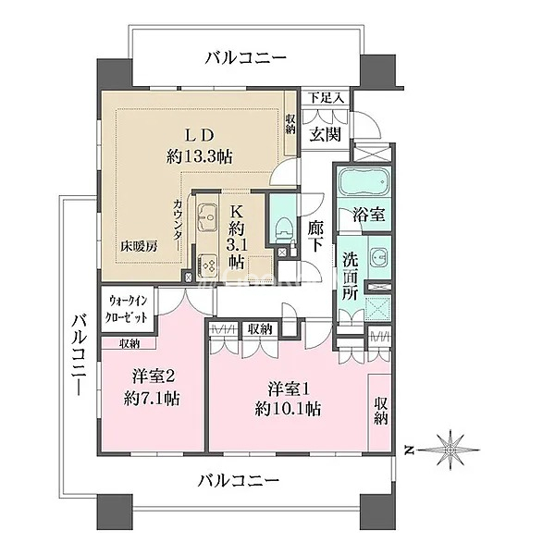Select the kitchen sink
coord(207,216)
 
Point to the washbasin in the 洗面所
coord(378,255)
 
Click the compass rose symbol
coord(450,450)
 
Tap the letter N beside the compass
coord(410,450)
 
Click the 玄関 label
coord(326,134)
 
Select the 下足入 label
coord(326,98)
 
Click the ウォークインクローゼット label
coord(128,309)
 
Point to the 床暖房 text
coord(139,246)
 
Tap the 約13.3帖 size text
coord(200,156)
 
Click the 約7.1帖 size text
coord(152,399)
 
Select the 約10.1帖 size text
coord(288,409)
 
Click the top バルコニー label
coord(246,58)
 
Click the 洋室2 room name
coord(154,377)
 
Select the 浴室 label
coord(369,215)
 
